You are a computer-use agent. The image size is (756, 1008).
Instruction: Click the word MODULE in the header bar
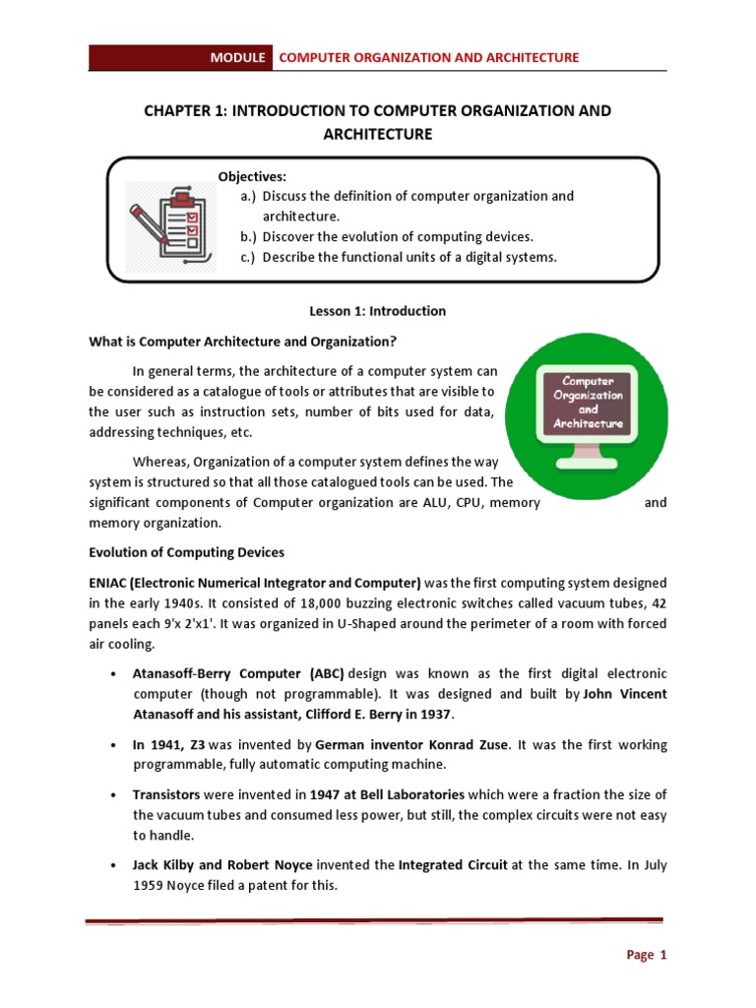[x=237, y=58]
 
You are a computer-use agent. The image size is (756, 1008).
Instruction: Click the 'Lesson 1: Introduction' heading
[x=377, y=311]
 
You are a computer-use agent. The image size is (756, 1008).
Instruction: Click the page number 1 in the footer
[x=663, y=954]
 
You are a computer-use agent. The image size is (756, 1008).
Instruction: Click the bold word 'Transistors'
[x=168, y=794]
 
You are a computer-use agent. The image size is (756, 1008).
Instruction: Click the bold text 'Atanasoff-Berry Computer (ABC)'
[x=238, y=673]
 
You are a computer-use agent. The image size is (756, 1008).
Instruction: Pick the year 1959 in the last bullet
[x=153, y=885]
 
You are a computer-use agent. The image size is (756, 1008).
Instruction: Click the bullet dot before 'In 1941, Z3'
[x=115, y=746]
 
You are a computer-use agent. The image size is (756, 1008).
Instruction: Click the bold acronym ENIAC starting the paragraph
[x=110, y=581]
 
